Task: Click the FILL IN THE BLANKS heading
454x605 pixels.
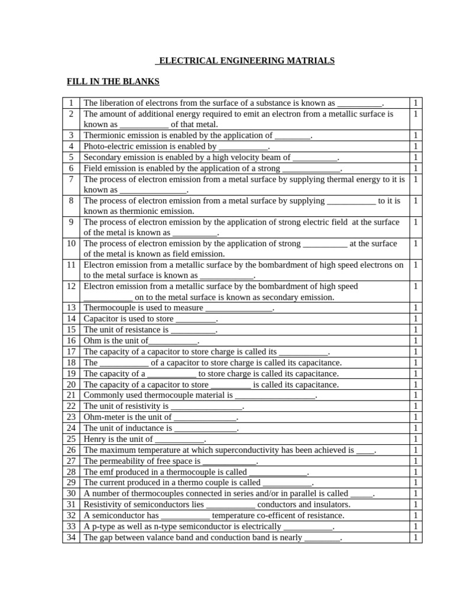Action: coord(113,82)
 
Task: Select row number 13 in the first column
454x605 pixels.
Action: coord(71,308)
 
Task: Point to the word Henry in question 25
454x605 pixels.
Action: coord(96,439)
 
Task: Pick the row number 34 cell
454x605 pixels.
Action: coord(71,538)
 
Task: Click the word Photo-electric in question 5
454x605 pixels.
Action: coord(109,146)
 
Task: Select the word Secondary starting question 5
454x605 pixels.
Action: coord(103,157)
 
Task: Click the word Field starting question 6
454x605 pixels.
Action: coord(93,168)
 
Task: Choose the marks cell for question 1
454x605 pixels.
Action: coord(416,103)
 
